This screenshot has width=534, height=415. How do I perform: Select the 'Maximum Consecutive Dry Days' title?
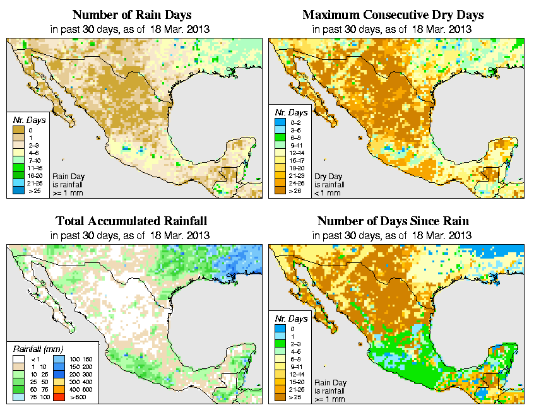(393, 15)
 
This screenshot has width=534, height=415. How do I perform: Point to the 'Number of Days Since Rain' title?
(393, 221)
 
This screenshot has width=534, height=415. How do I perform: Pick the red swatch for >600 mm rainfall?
(56, 397)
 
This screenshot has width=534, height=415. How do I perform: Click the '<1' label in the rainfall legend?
(36, 358)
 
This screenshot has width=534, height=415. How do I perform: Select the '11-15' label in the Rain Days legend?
(35, 168)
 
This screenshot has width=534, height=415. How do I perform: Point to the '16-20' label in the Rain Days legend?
(35, 175)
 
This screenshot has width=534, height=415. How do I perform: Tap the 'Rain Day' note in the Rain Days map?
(67, 177)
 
